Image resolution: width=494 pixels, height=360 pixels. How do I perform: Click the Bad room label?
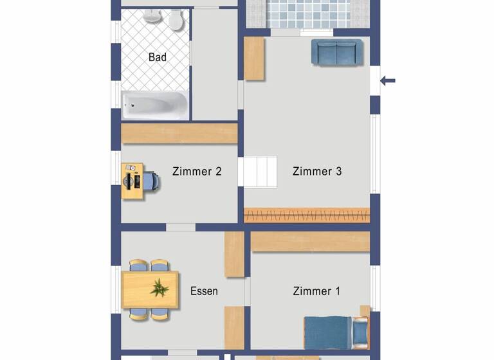pos(158,57)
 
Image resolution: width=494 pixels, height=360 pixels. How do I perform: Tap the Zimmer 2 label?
pos(197,171)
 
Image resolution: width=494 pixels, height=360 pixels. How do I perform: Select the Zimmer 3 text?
pos(317,171)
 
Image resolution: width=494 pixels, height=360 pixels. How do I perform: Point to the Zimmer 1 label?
pos(316,291)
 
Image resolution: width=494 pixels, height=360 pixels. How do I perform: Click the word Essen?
pos(204,291)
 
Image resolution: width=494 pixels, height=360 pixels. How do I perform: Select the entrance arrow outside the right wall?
pos(388,81)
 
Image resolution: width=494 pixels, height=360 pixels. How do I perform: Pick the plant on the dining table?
pos(159,287)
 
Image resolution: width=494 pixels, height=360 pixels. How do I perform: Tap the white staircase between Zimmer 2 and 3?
pos(258,172)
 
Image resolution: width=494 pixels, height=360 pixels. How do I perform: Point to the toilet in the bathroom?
pos(174,22)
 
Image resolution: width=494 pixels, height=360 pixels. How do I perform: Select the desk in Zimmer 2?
pos(132,181)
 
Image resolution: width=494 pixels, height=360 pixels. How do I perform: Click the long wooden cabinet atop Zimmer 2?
pos(179,133)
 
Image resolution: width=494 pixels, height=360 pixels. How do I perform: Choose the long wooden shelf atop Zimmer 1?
pos(310,242)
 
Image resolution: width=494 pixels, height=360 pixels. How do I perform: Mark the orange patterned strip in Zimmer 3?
pos(307,215)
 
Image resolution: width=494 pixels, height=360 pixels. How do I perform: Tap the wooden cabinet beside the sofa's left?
pos(254,59)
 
